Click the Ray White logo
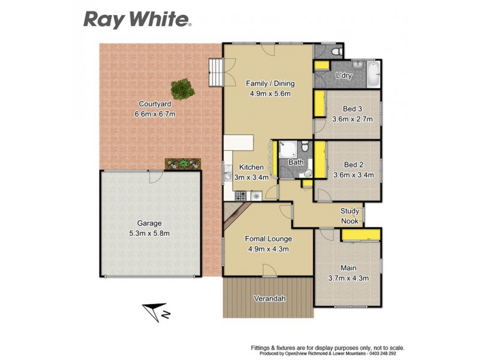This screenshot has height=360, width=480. (137, 19)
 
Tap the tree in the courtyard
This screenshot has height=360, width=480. (182, 91)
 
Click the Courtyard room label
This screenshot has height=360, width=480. (151, 103)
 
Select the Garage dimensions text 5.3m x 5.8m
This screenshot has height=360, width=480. (149, 233)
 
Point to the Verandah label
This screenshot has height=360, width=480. (268, 298)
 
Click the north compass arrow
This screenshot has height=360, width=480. (157, 311)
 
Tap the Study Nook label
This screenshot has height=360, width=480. (350, 216)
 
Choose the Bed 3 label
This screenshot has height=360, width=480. (352, 109)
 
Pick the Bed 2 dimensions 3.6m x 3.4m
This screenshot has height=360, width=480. (353, 175)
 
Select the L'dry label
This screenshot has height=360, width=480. (344, 76)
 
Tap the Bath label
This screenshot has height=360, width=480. (296, 162)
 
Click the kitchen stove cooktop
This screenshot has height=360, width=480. (241, 195)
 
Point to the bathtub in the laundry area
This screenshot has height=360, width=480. (374, 73)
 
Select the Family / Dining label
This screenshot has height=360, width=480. (270, 83)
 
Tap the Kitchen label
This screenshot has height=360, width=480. (251, 167)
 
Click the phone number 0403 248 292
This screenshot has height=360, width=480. (388, 354)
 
